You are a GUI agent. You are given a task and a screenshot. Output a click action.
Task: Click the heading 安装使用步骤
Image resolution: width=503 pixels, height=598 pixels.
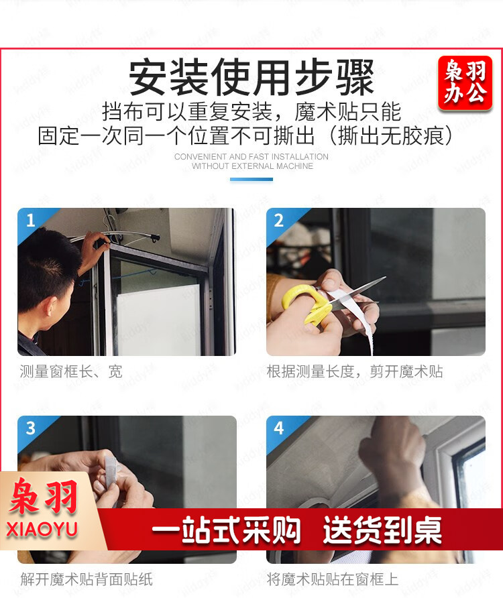click(251, 77)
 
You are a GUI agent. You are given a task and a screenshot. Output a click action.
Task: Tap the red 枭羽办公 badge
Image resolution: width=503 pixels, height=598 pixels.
click(465, 82)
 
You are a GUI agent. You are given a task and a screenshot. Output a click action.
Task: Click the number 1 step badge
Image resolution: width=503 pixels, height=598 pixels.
click(31, 221)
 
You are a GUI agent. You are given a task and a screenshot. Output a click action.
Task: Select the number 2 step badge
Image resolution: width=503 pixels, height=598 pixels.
click(279, 221)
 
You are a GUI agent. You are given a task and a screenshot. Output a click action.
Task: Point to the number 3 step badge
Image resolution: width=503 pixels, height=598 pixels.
click(31, 428)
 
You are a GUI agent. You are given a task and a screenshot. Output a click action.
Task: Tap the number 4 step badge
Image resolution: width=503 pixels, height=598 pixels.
click(279, 428)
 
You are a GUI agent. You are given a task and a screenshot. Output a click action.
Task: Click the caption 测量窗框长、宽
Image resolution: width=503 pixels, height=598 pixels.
click(71, 371)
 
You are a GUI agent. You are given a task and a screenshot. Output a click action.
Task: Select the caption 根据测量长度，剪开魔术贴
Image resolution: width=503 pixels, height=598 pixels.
click(355, 371)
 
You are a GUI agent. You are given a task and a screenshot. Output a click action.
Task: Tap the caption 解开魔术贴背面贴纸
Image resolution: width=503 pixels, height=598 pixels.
click(87, 579)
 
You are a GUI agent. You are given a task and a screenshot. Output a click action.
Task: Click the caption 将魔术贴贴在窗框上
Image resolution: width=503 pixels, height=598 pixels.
click(333, 579)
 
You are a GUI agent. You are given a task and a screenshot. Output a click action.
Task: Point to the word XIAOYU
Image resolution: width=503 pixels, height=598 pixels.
click(42, 530)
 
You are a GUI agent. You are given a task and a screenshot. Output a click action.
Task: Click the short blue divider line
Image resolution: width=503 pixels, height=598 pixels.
click(251, 179)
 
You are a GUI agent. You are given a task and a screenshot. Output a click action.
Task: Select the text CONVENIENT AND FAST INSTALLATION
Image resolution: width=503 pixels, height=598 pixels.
click(251, 157)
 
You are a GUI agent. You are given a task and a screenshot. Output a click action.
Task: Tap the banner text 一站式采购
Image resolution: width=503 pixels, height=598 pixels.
click(226, 530)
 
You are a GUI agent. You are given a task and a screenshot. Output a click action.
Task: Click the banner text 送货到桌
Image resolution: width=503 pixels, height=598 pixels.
click(382, 530)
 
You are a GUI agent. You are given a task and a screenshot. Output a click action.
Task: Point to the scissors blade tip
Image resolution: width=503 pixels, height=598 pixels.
click(386, 278)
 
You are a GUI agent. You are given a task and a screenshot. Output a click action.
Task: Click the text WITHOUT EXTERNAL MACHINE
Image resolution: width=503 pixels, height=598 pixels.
click(252, 166)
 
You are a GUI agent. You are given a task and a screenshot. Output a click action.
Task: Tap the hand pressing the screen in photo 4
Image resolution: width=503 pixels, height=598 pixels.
click(393, 454)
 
